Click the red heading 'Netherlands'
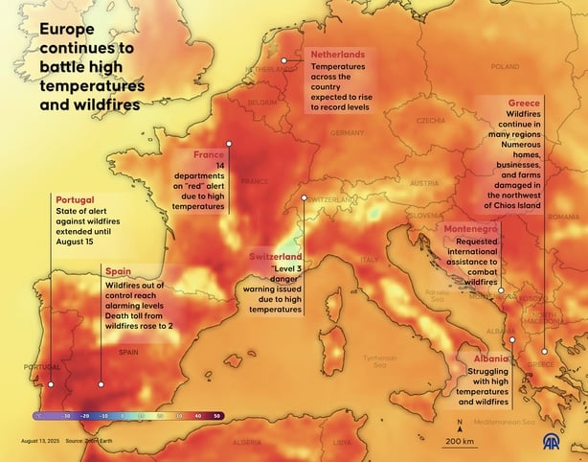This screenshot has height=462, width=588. [338, 56]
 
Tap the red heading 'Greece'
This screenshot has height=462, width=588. [525, 103]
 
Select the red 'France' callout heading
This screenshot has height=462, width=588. [209, 154]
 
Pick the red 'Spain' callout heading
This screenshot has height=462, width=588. [119, 272]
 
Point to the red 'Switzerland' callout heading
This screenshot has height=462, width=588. [276, 258]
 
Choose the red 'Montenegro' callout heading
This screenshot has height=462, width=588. [470, 230]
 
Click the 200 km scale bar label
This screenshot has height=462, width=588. [460, 441]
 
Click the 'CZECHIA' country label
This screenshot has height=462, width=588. [431, 121]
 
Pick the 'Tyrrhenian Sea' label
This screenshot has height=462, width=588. [379, 361]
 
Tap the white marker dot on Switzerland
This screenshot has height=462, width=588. [304, 197]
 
